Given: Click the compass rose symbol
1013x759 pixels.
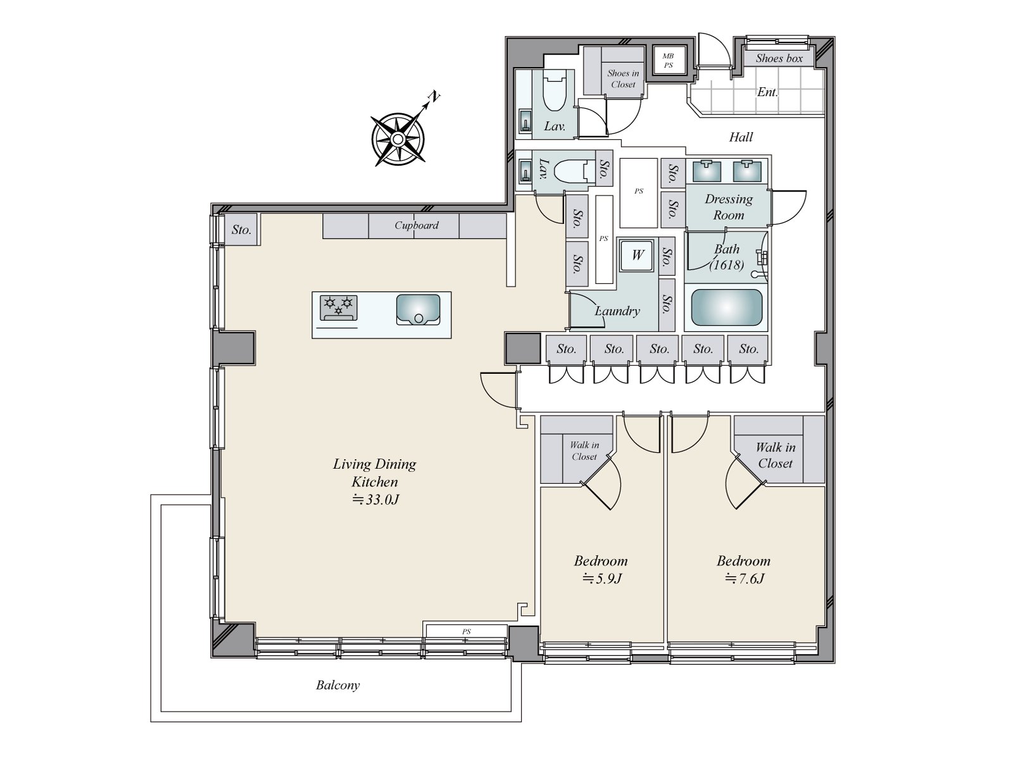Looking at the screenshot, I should (x=397, y=139).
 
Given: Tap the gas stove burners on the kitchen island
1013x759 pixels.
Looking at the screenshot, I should (x=338, y=307).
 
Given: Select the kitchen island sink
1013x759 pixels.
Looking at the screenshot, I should (x=418, y=309).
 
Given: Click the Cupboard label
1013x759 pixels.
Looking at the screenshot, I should (x=416, y=225).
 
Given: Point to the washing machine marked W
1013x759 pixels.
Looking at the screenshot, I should (x=637, y=255).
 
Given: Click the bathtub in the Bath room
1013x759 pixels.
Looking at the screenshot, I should (x=726, y=308).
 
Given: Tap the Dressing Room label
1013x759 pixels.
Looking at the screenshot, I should (x=729, y=207).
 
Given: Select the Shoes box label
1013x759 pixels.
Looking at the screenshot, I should (x=779, y=58).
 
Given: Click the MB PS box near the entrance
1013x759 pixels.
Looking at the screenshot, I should (x=668, y=61).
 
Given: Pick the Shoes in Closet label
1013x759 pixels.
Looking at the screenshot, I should (x=623, y=78).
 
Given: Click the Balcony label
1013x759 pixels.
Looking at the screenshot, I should (x=337, y=685).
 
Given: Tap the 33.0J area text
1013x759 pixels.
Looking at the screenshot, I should (x=375, y=500).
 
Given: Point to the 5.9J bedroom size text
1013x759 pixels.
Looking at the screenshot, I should (x=601, y=578).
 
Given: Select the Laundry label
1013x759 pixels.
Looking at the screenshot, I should (x=617, y=311).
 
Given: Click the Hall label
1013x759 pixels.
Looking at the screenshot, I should (x=741, y=137).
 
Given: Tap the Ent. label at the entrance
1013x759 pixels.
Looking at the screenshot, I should (x=767, y=92).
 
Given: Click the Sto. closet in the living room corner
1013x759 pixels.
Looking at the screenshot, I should (x=241, y=230).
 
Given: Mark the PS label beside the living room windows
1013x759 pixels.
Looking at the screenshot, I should (x=466, y=631).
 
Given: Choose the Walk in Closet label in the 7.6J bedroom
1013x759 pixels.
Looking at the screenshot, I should (x=775, y=455).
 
